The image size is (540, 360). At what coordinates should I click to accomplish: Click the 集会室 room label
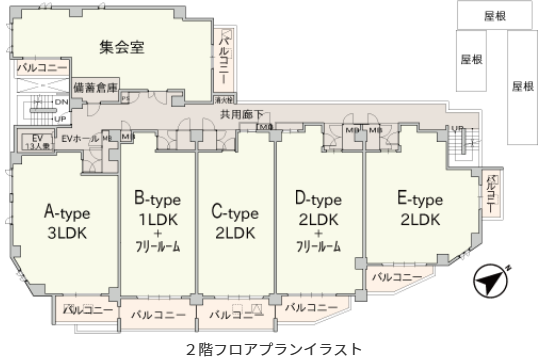pos(123,47)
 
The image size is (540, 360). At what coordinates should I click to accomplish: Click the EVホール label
pos(80,138)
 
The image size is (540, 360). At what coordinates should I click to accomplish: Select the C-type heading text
pos(235,212)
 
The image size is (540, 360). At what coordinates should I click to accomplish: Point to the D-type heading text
pos(319,199)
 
